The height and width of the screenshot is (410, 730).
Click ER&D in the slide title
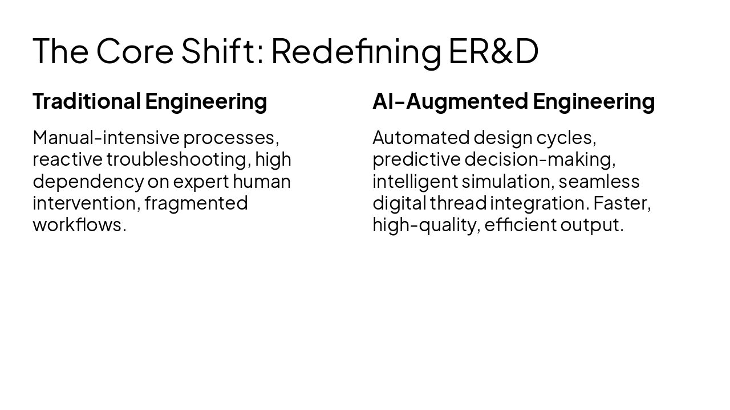pyautogui.click(x=493, y=51)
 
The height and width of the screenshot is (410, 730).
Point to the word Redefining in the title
pyautogui.click(x=356, y=51)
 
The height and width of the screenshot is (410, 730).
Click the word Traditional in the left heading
pyautogui.click(x=87, y=101)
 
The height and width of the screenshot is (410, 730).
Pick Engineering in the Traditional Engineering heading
pyautogui.click(x=206, y=101)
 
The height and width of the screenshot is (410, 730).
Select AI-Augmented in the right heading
pyautogui.click(x=450, y=101)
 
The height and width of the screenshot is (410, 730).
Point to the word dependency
pyautogui.click(x=88, y=181)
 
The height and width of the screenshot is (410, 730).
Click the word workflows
pyautogui.click(x=77, y=224)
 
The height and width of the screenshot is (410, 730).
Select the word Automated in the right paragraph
pyautogui.click(x=421, y=138)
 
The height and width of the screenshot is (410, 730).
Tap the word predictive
pyautogui.click(x=416, y=159)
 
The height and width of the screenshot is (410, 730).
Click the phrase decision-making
pyautogui.click(x=540, y=159)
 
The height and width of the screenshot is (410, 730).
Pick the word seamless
pyautogui.click(x=599, y=181)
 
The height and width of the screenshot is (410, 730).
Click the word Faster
pyautogui.click(x=621, y=203)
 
